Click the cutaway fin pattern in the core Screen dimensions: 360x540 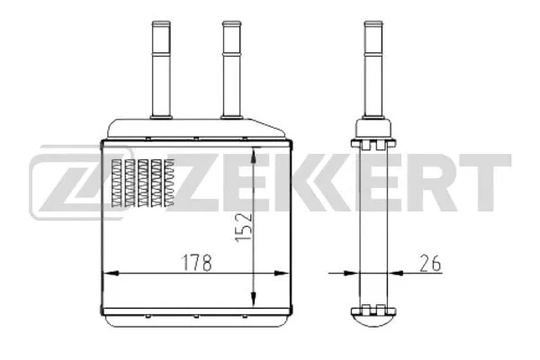pos(142,183)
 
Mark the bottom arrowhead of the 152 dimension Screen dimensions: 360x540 pos(257,303)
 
